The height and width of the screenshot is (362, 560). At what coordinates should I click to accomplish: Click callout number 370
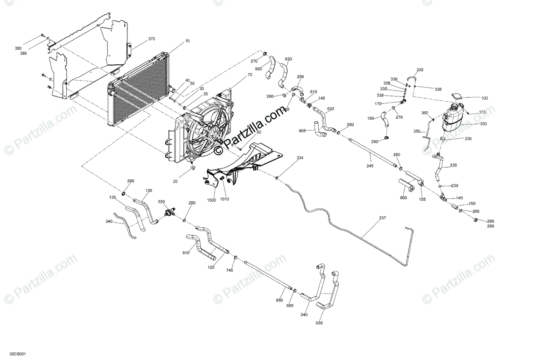pos(151,39)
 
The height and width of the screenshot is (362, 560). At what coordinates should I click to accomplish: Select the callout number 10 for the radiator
pos(187,41)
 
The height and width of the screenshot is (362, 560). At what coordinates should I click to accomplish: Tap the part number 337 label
pos(383,218)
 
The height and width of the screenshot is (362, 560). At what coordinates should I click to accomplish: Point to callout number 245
pos(370,165)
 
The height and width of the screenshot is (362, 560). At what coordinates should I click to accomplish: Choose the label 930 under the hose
pos(319,323)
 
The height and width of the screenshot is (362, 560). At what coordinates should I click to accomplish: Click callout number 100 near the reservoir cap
pos(484,98)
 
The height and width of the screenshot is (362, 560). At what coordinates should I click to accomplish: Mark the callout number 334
pos(300,158)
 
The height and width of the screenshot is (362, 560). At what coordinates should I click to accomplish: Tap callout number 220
pos(161,202)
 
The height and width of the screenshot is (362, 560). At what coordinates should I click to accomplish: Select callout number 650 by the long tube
pos(279,301)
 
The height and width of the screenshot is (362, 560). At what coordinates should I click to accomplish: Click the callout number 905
pos(302,131)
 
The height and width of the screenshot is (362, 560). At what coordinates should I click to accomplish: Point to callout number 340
pos(109,221)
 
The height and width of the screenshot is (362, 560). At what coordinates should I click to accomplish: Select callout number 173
pos(483,113)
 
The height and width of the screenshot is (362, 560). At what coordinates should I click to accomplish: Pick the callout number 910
pos(186,253)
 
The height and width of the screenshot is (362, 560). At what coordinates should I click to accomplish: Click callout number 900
pos(403,198)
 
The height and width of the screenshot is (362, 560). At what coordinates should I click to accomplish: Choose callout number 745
pos(230,270)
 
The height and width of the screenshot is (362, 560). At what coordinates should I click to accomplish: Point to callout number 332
pos(420,70)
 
